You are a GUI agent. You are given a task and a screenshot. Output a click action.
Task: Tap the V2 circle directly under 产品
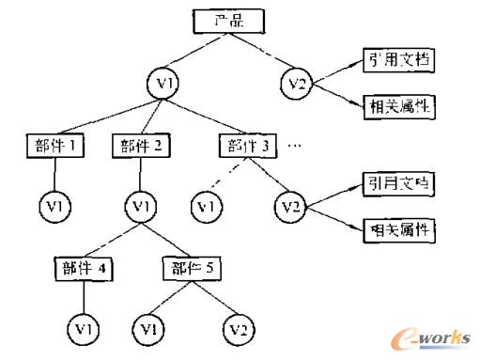pyautogui.click(x=297, y=86)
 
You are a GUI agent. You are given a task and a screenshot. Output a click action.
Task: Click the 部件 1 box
pyautogui.click(x=55, y=146)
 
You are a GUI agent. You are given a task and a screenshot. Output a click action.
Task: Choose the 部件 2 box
pyautogui.click(x=142, y=146)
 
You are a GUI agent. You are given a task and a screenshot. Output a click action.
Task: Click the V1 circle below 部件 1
pyautogui.click(x=55, y=204)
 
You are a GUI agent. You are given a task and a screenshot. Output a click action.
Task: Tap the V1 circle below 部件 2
pyautogui.click(x=142, y=204)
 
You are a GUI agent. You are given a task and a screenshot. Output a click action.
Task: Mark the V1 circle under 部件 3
pyautogui.click(x=206, y=204)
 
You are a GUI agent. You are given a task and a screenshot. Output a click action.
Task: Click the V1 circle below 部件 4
pyautogui.click(x=85, y=329)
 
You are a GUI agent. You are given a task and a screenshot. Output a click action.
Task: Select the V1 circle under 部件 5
pyautogui.click(x=149, y=329)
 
